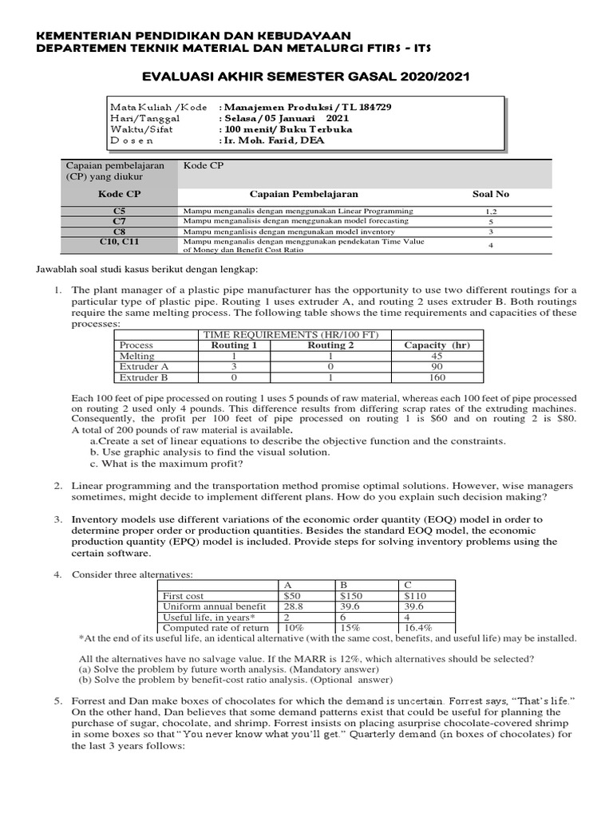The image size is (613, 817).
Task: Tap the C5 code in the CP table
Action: (x=120, y=211)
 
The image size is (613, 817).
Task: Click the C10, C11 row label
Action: (x=120, y=239)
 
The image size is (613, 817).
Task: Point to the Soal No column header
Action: (x=491, y=194)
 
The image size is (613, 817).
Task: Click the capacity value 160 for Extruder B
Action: (x=437, y=377)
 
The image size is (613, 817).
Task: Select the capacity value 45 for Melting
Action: (x=437, y=356)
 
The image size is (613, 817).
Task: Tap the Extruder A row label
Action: (x=144, y=366)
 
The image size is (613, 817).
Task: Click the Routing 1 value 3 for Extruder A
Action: (x=234, y=366)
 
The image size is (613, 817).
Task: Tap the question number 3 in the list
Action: (x=58, y=519)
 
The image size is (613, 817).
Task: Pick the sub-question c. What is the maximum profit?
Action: (x=166, y=464)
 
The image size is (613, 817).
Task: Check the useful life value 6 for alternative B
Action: (x=343, y=618)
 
